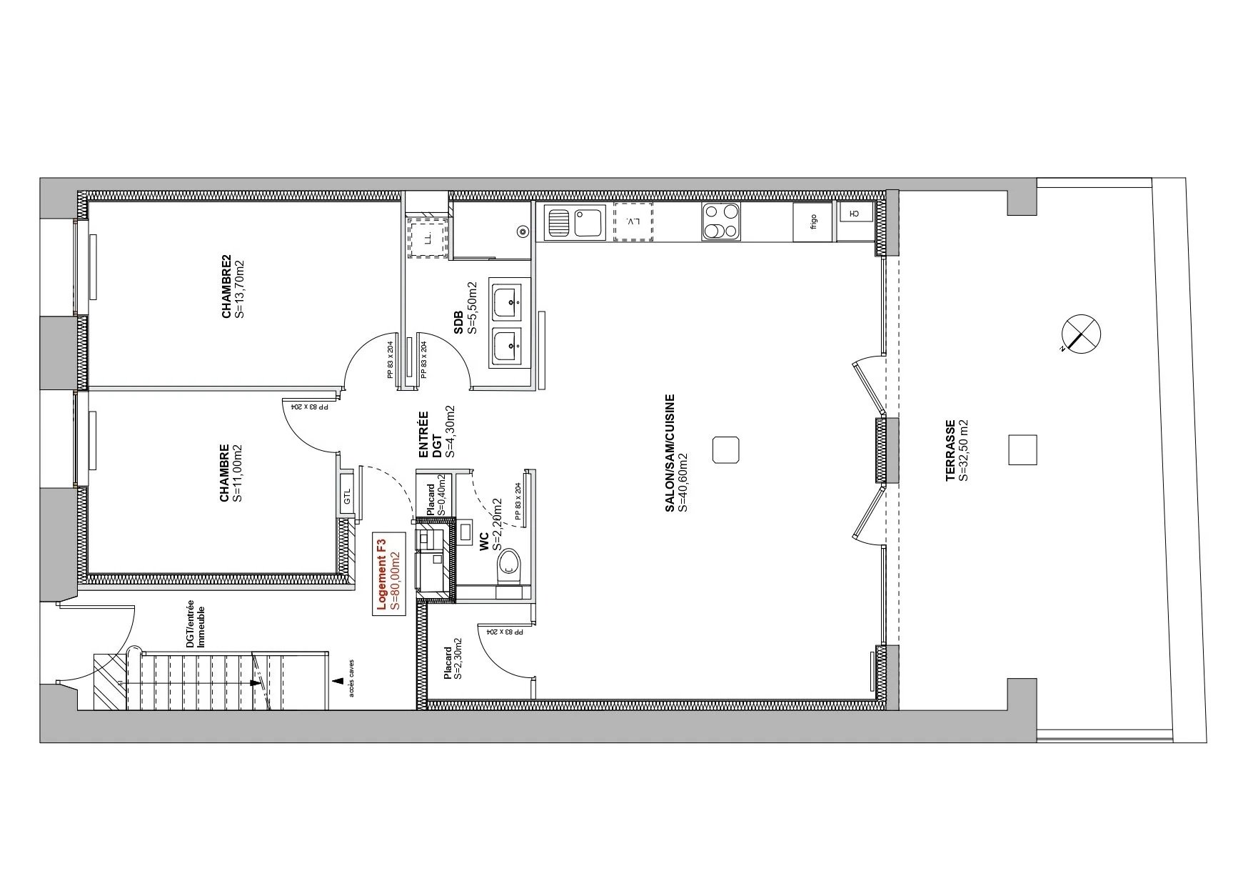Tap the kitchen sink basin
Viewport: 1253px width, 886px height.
[x=588, y=222]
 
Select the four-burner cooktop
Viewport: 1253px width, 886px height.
[x=721, y=221]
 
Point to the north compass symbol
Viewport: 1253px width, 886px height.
[x=1082, y=334]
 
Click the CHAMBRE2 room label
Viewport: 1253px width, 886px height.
[x=232, y=287]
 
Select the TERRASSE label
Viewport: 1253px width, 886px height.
[x=957, y=450]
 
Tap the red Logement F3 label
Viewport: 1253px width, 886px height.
[x=387, y=574]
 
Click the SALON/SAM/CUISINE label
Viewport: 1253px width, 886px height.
[x=675, y=453]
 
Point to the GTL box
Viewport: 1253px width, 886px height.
[x=348, y=494]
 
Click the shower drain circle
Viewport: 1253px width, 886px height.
[x=523, y=232]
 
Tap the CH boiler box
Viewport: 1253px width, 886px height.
[x=854, y=211]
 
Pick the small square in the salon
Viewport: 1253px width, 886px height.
[x=727, y=450]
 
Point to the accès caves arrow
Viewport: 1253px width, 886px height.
[x=337, y=681]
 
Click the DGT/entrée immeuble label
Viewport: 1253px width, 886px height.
[x=195, y=627]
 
